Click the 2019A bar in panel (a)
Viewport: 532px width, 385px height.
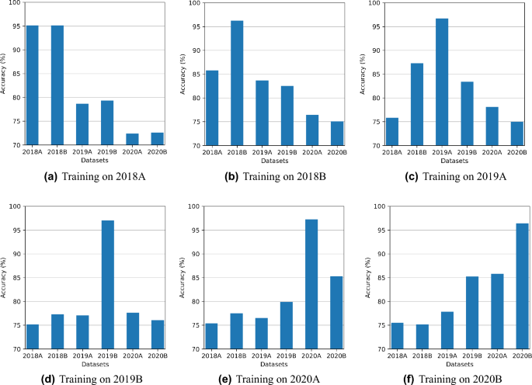pos(82,125)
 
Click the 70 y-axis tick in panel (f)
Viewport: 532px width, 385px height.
pos(374,349)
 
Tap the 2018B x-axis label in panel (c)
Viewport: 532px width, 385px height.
pos(416,154)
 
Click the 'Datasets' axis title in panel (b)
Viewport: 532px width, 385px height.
pos(274,161)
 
